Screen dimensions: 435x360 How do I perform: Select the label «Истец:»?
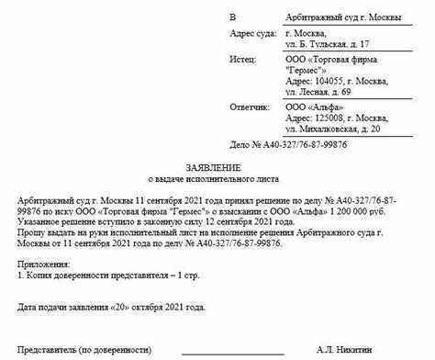point(245,57)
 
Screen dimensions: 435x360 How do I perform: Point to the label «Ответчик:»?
point(252,107)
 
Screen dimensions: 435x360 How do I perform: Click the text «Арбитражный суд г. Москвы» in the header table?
point(338,17)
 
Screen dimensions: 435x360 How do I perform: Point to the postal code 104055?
point(329,81)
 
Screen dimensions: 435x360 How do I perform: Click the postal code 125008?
point(329,118)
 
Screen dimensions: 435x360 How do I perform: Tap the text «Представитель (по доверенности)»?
point(88,350)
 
